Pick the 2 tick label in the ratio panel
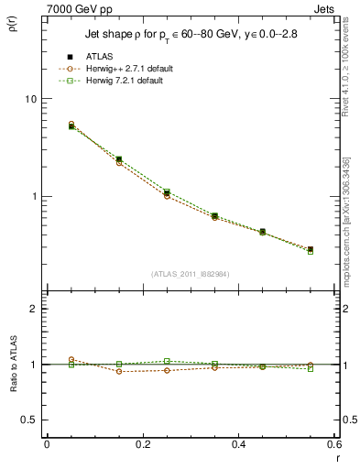click(x=32, y=309)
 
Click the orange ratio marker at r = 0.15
click(x=94, y=371)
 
